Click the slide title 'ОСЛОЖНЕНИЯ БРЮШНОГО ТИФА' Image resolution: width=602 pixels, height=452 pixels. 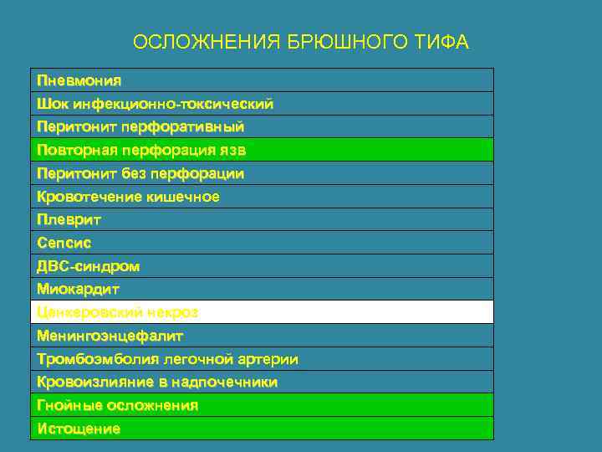[x=301, y=43]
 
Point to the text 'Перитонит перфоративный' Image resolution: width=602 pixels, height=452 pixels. [x=140, y=127]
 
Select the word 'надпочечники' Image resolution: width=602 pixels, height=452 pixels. [x=225, y=382]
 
